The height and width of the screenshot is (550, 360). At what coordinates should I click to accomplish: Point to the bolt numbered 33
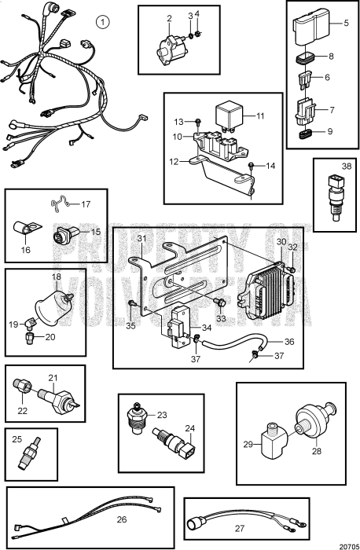click(x=223, y=300)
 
